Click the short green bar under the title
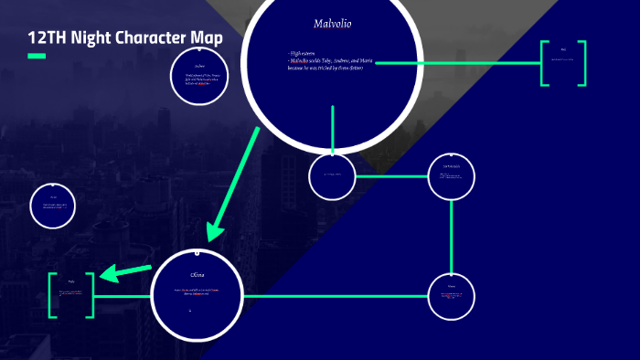pos(37,57)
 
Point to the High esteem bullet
pos(304,54)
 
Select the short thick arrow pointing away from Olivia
pos(124,270)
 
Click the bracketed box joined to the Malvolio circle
pos(563,63)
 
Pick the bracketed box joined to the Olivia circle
pos(71,294)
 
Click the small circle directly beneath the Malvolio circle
pos(332,177)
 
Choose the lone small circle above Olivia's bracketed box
pos(52,206)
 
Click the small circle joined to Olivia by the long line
pos(452,296)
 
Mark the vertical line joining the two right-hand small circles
pos(452,236)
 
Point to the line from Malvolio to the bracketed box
pos(457,63)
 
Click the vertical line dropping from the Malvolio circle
pos(332,130)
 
